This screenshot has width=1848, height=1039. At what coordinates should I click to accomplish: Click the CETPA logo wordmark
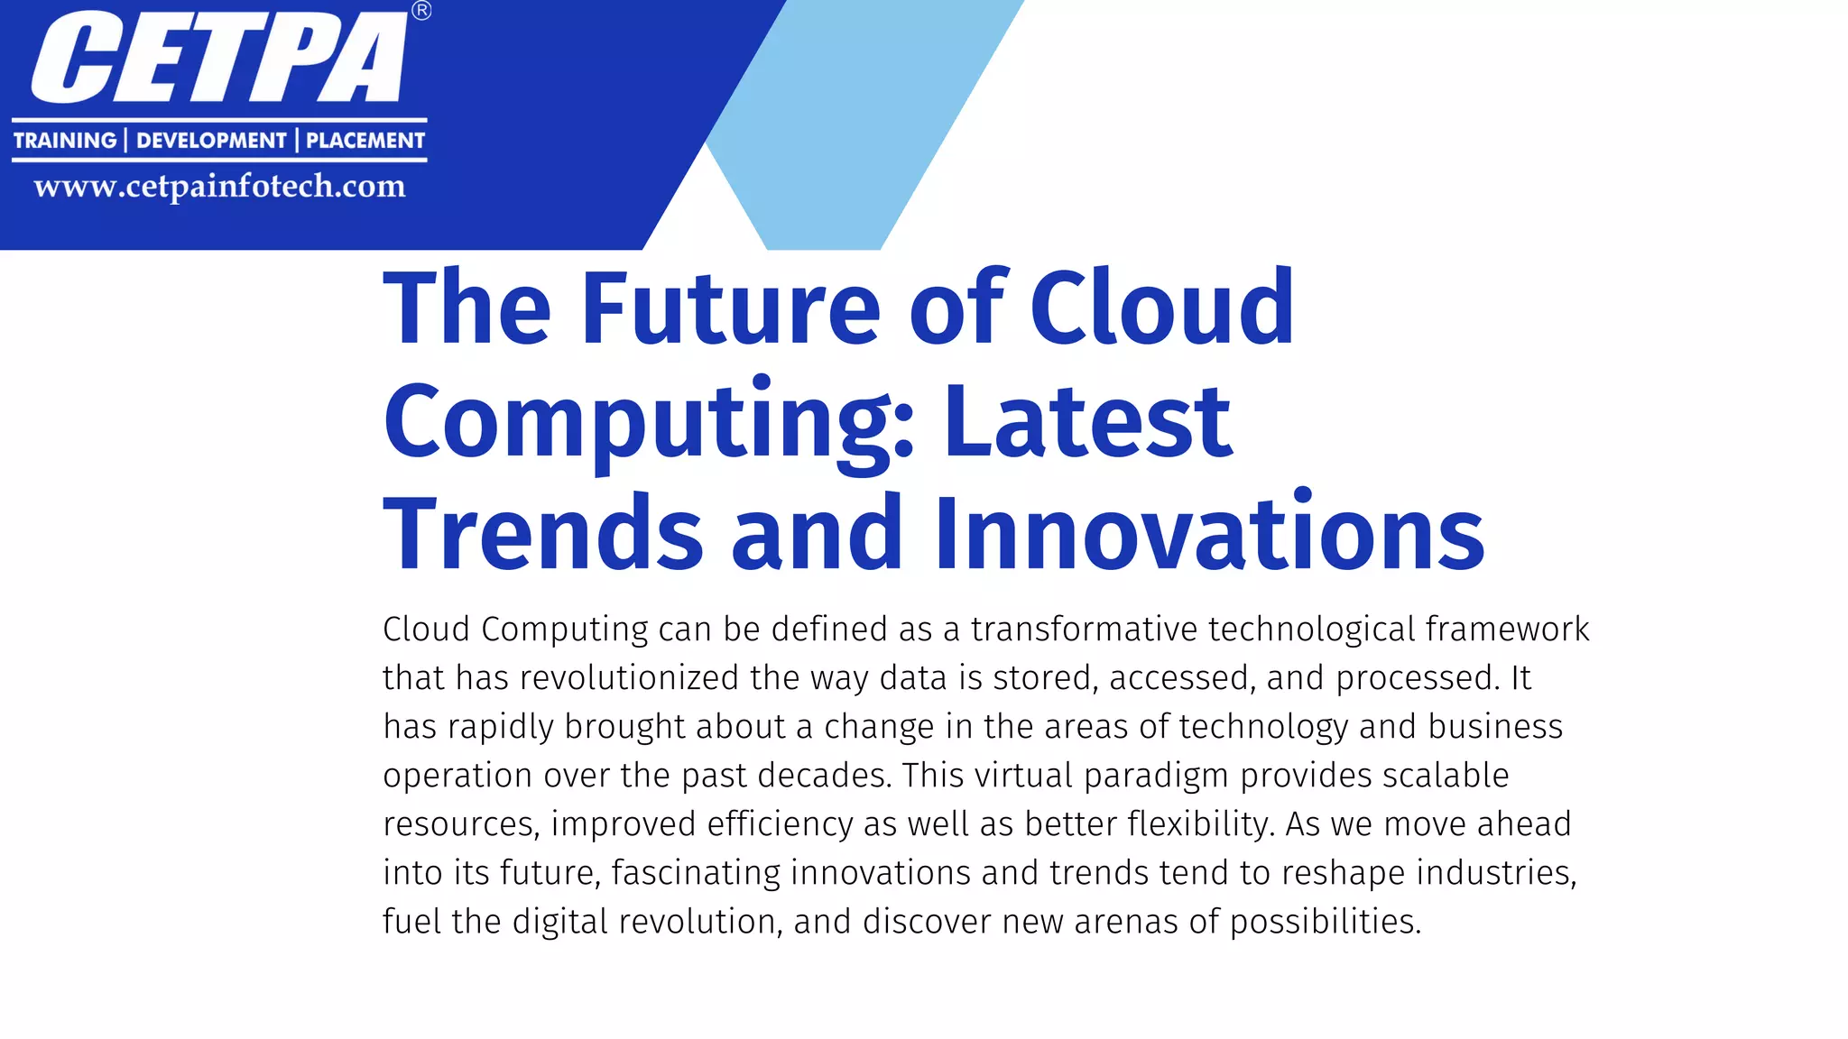pyautogui.click(x=219, y=58)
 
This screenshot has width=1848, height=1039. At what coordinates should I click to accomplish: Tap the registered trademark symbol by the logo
pyautogui.click(x=421, y=11)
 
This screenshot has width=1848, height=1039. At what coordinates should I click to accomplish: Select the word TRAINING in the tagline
pyautogui.click(x=65, y=141)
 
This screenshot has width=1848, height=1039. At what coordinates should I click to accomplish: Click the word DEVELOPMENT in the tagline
pyautogui.click(x=211, y=141)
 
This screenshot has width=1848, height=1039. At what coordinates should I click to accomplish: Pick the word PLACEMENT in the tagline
pyautogui.click(x=365, y=141)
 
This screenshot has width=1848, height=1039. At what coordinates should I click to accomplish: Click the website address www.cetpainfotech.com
pyautogui.click(x=219, y=187)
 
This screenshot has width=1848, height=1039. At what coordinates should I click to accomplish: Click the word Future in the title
pyautogui.click(x=731, y=308)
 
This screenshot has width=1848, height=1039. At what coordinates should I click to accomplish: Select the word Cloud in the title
pyautogui.click(x=1162, y=308)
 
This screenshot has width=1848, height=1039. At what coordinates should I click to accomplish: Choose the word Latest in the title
pyautogui.click(x=1087, y=422)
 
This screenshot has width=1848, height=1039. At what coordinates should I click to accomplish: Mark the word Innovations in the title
pyautogui.click(x=1209, y=534)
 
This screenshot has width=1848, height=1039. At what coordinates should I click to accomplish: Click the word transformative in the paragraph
pyautogui.click(x=1084, y=630)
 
